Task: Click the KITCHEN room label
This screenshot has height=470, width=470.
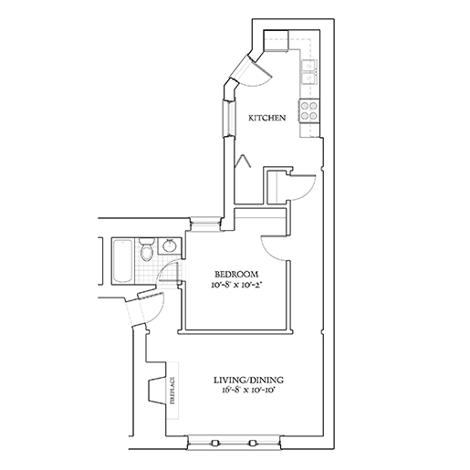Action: click(x=267, y=118)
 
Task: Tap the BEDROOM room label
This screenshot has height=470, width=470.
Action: click(x=236, y=275)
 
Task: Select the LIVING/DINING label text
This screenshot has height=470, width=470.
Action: click(x=248, y=380)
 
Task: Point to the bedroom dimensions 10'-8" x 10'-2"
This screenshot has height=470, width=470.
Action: click(x=236, y=286)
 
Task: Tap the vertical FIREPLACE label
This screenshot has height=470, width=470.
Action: click(x=172, y=391)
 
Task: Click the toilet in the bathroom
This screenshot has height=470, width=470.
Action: click(x=146, y=249)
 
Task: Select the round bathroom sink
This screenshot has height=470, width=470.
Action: click(x=169, y=246)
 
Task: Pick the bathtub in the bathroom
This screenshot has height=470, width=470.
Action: click(x=123, y=261)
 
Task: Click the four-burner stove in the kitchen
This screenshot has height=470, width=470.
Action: click(x=308, y=111)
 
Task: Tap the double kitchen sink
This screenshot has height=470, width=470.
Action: click(x=308, y=72)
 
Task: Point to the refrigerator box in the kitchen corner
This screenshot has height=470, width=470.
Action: click(x=276, y=39)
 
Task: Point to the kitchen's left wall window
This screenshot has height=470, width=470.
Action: click(x=229, y=118)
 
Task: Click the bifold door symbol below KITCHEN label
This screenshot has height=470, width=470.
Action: click(x=244, y=161)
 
